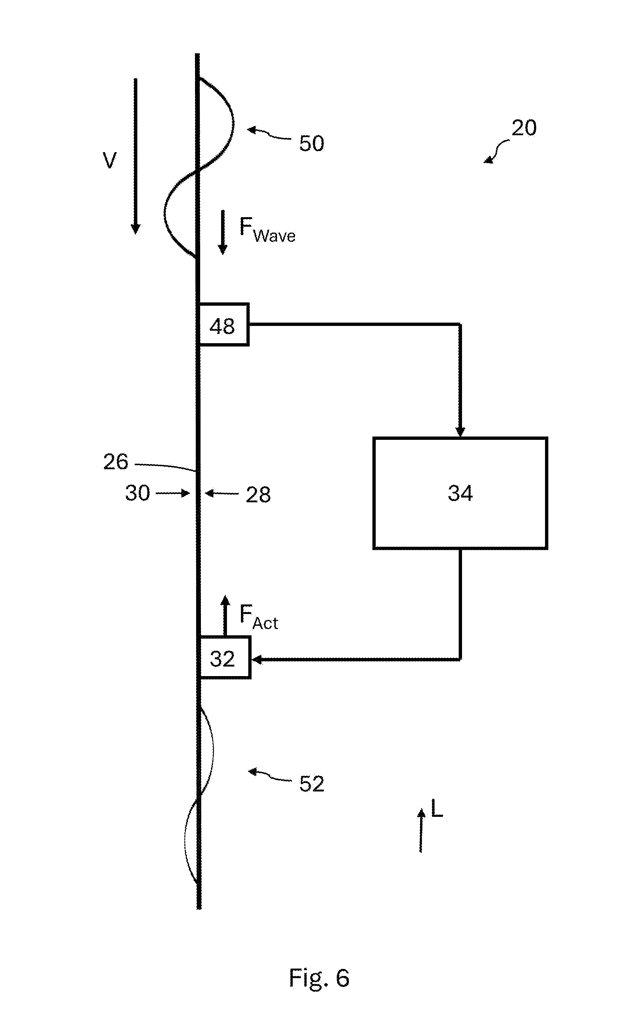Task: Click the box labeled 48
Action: click(x=223, y=324)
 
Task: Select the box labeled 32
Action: click(x=224, y=657)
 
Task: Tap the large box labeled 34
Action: click(x=460, y=493)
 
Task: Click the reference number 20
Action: click(x=524, y=128)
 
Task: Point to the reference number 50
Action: click(x=311, y=143)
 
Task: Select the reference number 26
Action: click(x=115, y=462)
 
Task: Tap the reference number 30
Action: click(x=137, y=493)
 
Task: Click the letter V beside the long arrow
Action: click(x=109, y=161)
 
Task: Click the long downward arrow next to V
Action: click(x=135, y=156)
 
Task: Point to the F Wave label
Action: click(x=267, y=229)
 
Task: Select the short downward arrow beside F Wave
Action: click(x=223, y=232)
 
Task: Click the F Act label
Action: click(x=259, y=617)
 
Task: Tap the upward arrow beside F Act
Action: click(x=225, y=615)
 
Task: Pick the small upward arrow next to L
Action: click(x=421, y=830)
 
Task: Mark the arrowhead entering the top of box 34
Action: click(x=460, y=432)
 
